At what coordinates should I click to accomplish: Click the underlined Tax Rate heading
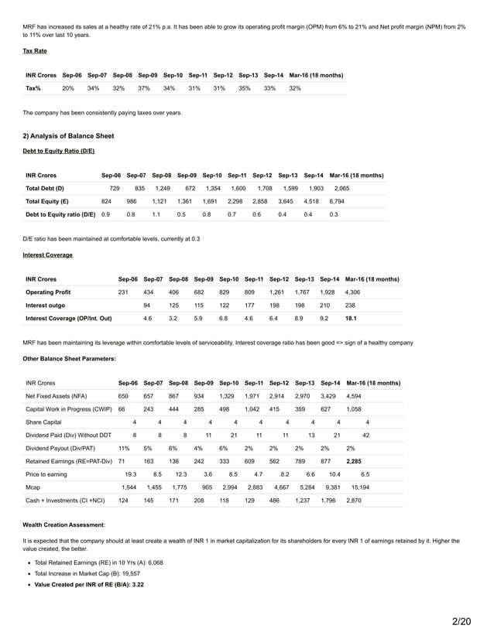pyautogui.click(x=35, y=51)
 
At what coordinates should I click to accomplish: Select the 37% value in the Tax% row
pyautogui.click(x=143, y=88)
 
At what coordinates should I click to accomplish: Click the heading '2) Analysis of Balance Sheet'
pyautogui.click(x=69, y=136)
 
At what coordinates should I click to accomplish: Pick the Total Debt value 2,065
pyautogui.click(x=341, y=188)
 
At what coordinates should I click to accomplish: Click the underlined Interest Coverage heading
pyautogui.click(x=47, y=254)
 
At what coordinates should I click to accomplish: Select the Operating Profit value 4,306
pyautogui.click(x=352, y=292)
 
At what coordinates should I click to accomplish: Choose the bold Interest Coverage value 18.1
pyautogui.click(x=350, y=318)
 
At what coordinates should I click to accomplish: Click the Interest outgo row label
pyautogui.click(x=46, y=306)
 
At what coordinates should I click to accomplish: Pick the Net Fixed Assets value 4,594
pyautogui.click(x=353, y=396)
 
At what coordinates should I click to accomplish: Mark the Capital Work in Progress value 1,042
pyautogui.click(x=252, y=409)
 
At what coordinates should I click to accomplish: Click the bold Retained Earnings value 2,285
pyautogui.click(x=353, y=461)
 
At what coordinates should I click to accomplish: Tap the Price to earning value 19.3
pyautogui.click(x=131, y=474)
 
